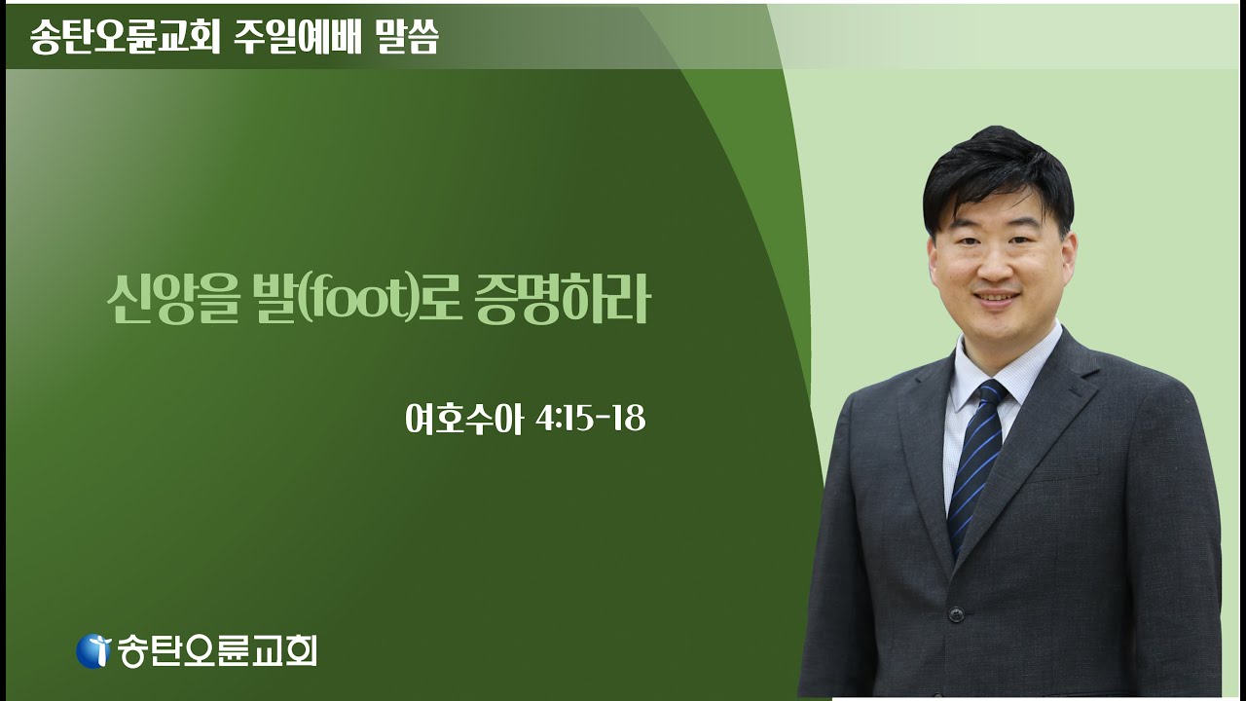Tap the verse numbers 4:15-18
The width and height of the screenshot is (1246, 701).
(590, 420)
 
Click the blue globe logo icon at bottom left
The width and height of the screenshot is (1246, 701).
(93, 650)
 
